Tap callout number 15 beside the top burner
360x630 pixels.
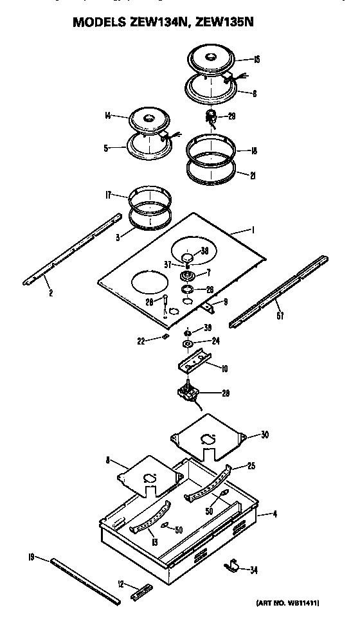point(256,60)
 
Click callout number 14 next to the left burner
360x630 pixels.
point(107,116)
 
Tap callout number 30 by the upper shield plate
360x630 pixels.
point(265,435)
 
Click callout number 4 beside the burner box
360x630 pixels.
point(275,514)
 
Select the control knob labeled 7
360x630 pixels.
point(188,276)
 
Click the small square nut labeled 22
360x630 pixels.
point(166,335)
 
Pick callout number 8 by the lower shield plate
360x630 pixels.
point(108,460)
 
